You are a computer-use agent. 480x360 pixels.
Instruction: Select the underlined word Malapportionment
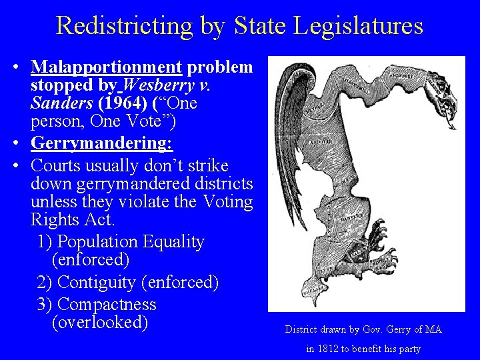[x=107, y=67]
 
